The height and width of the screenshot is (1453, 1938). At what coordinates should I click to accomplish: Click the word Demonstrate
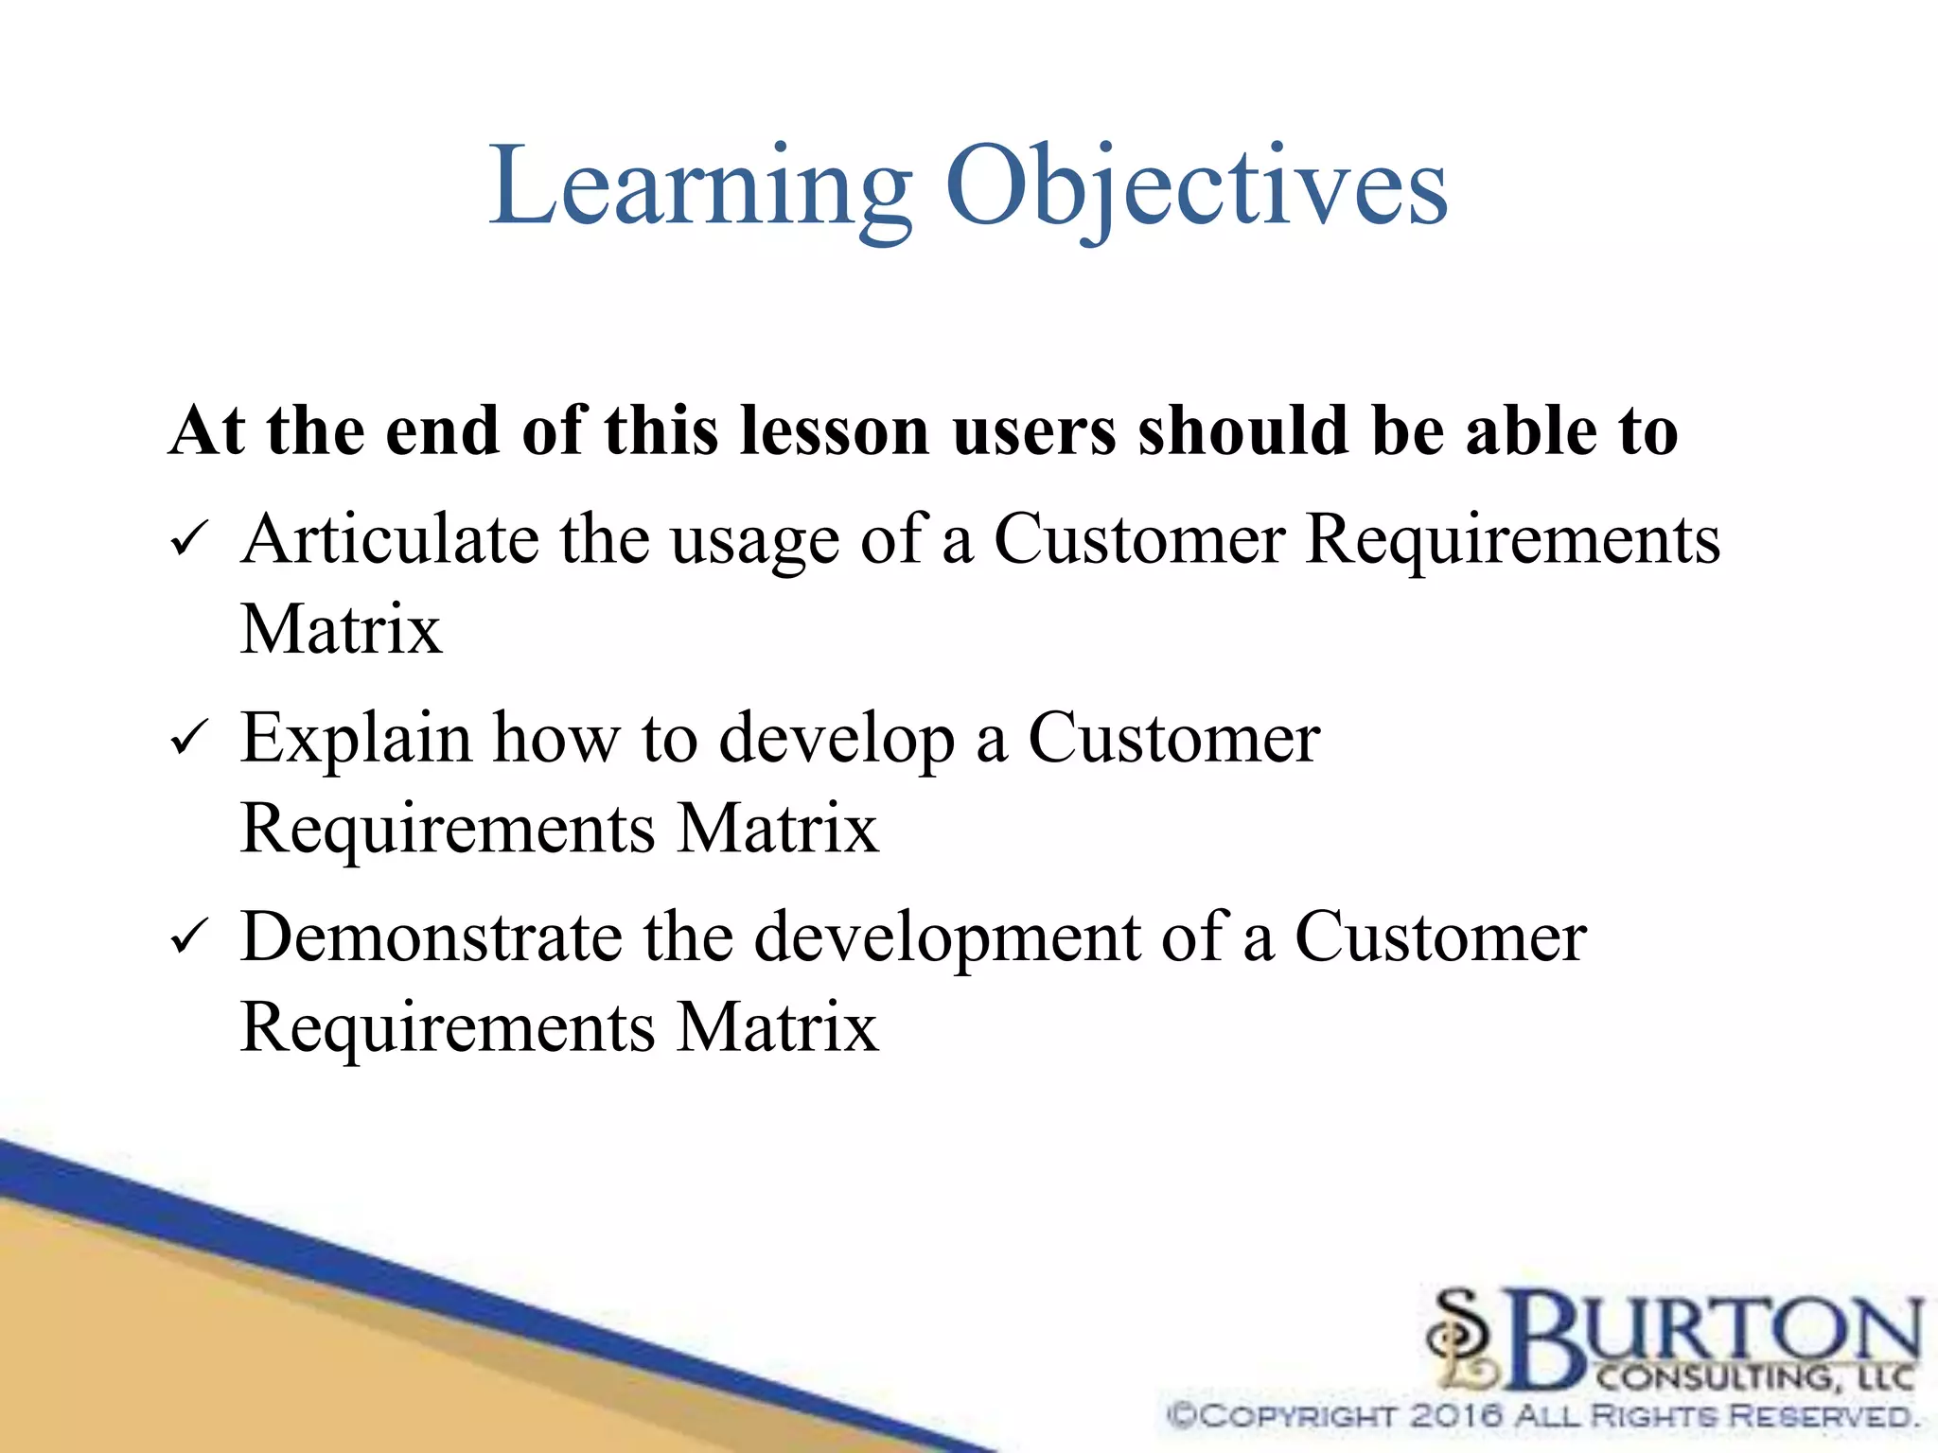click(x=432, y=937)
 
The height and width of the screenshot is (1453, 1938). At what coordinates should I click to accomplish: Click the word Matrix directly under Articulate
click(x=341, y=629)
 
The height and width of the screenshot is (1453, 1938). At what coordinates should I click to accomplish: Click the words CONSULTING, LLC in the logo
click(x=1755, y=1377)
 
